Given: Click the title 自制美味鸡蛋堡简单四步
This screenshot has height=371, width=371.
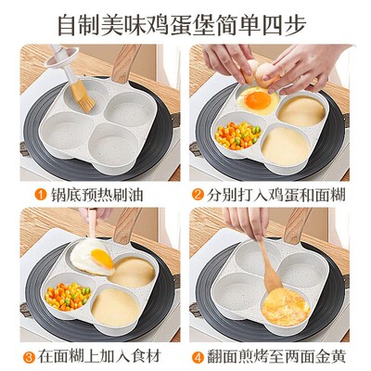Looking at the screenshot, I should click(185, 20).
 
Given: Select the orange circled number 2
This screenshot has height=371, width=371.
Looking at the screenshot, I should click(198, 195).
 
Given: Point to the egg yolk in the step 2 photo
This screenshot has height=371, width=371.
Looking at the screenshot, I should click(260, 98).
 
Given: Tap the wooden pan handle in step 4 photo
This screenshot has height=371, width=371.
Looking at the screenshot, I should click(296, 225).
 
